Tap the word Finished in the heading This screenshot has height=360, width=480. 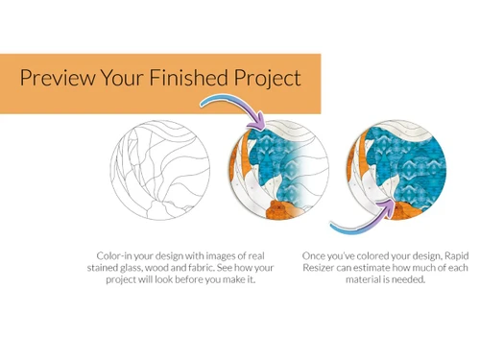coord(197,79)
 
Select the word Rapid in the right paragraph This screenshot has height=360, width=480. coord(452,255)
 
